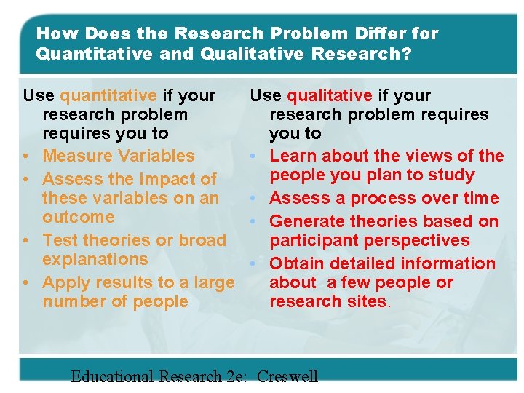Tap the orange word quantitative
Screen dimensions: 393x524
click(108, 95)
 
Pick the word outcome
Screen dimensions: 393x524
click(79, 217)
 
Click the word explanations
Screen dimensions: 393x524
click(95, 259)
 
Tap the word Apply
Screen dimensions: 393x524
click(63, 282)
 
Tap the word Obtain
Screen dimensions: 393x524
click(298, 263)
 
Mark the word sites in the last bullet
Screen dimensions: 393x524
click(366, 301)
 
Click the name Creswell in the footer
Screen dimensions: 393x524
click(287, 376)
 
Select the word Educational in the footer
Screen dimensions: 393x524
click(112, 376)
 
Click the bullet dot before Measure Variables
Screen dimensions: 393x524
click(26, 156)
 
